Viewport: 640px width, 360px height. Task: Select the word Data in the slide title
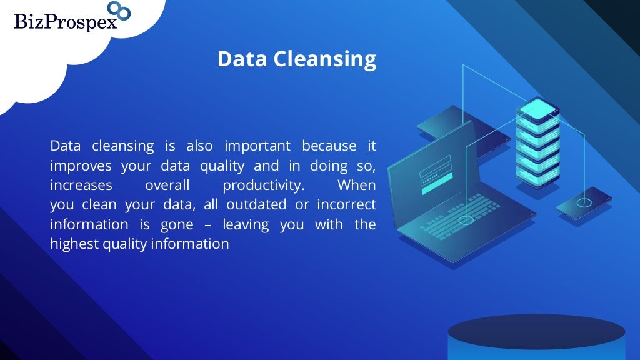pos(242,59)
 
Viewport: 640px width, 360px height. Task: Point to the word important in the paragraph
pos(257,146)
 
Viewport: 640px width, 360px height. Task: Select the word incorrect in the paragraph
pos(346,205)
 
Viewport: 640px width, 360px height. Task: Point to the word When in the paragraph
pos(356,186)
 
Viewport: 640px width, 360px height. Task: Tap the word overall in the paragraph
pos(167,186)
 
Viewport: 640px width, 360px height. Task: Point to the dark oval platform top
pos(536,331)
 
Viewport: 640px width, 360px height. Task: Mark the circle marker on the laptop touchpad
pos(466,221)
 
